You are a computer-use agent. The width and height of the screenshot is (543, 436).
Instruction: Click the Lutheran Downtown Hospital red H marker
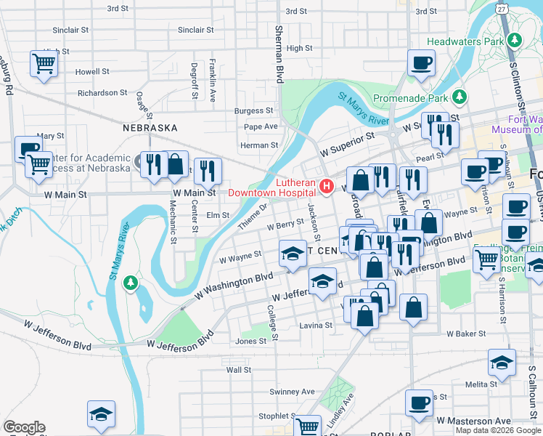[x=327, y=187]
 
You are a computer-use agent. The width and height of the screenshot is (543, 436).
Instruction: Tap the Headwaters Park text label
[x=465, y=41]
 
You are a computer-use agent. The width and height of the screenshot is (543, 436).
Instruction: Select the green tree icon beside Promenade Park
[x=459, y=97]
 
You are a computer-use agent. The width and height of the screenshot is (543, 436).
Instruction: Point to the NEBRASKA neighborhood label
[x=150, y=127]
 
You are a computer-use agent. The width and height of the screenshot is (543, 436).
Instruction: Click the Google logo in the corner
[x=24, y=427]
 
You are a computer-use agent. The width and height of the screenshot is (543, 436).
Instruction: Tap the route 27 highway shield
[x=502, y=8]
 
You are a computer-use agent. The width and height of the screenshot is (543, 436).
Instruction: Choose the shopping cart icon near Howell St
[x=44, y=64]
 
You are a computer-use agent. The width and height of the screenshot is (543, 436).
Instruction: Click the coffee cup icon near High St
[x=420, y=62]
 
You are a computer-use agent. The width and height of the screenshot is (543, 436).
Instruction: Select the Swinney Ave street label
[x=292, y=392]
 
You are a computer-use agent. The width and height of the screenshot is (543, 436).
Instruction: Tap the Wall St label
[x=238, y=369]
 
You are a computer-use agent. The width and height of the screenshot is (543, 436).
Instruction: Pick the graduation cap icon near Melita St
[x=502, y=362]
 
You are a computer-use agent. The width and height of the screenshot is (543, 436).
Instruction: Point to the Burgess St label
[x=253, y=111]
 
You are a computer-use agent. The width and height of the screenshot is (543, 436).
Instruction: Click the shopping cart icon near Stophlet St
[x=308, y=426]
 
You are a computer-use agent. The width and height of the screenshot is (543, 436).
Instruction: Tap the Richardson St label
[x=102, y=93]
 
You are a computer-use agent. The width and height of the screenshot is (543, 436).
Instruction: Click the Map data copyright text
[x=498, y=430]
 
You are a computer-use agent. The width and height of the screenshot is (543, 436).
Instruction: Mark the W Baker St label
[x=465, y=334]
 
